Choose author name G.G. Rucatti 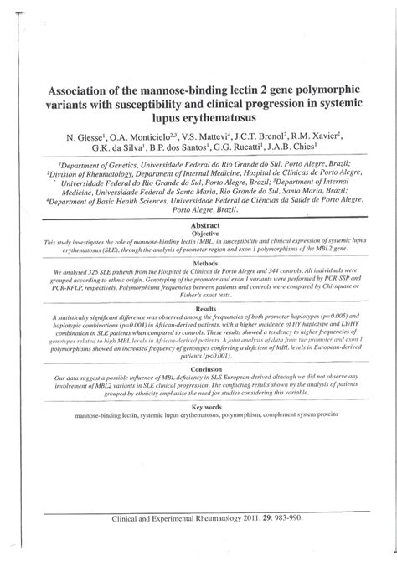[242, 150]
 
